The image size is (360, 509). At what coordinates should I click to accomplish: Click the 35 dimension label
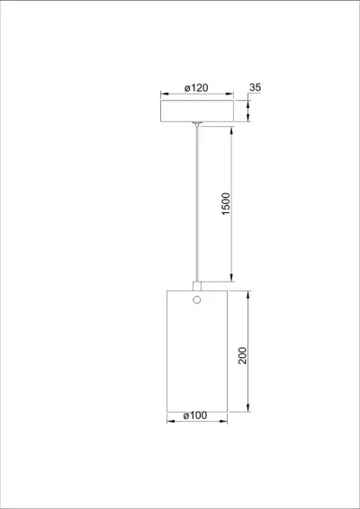click(x=256, y=87)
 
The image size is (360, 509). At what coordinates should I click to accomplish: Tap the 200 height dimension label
click(x=241, y=355)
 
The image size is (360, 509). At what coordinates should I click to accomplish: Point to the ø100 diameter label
click(x=195, y=415)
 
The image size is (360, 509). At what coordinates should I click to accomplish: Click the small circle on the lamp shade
click(x=196, y=299)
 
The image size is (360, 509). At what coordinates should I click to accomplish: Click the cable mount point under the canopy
click(x=196, y=122)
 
